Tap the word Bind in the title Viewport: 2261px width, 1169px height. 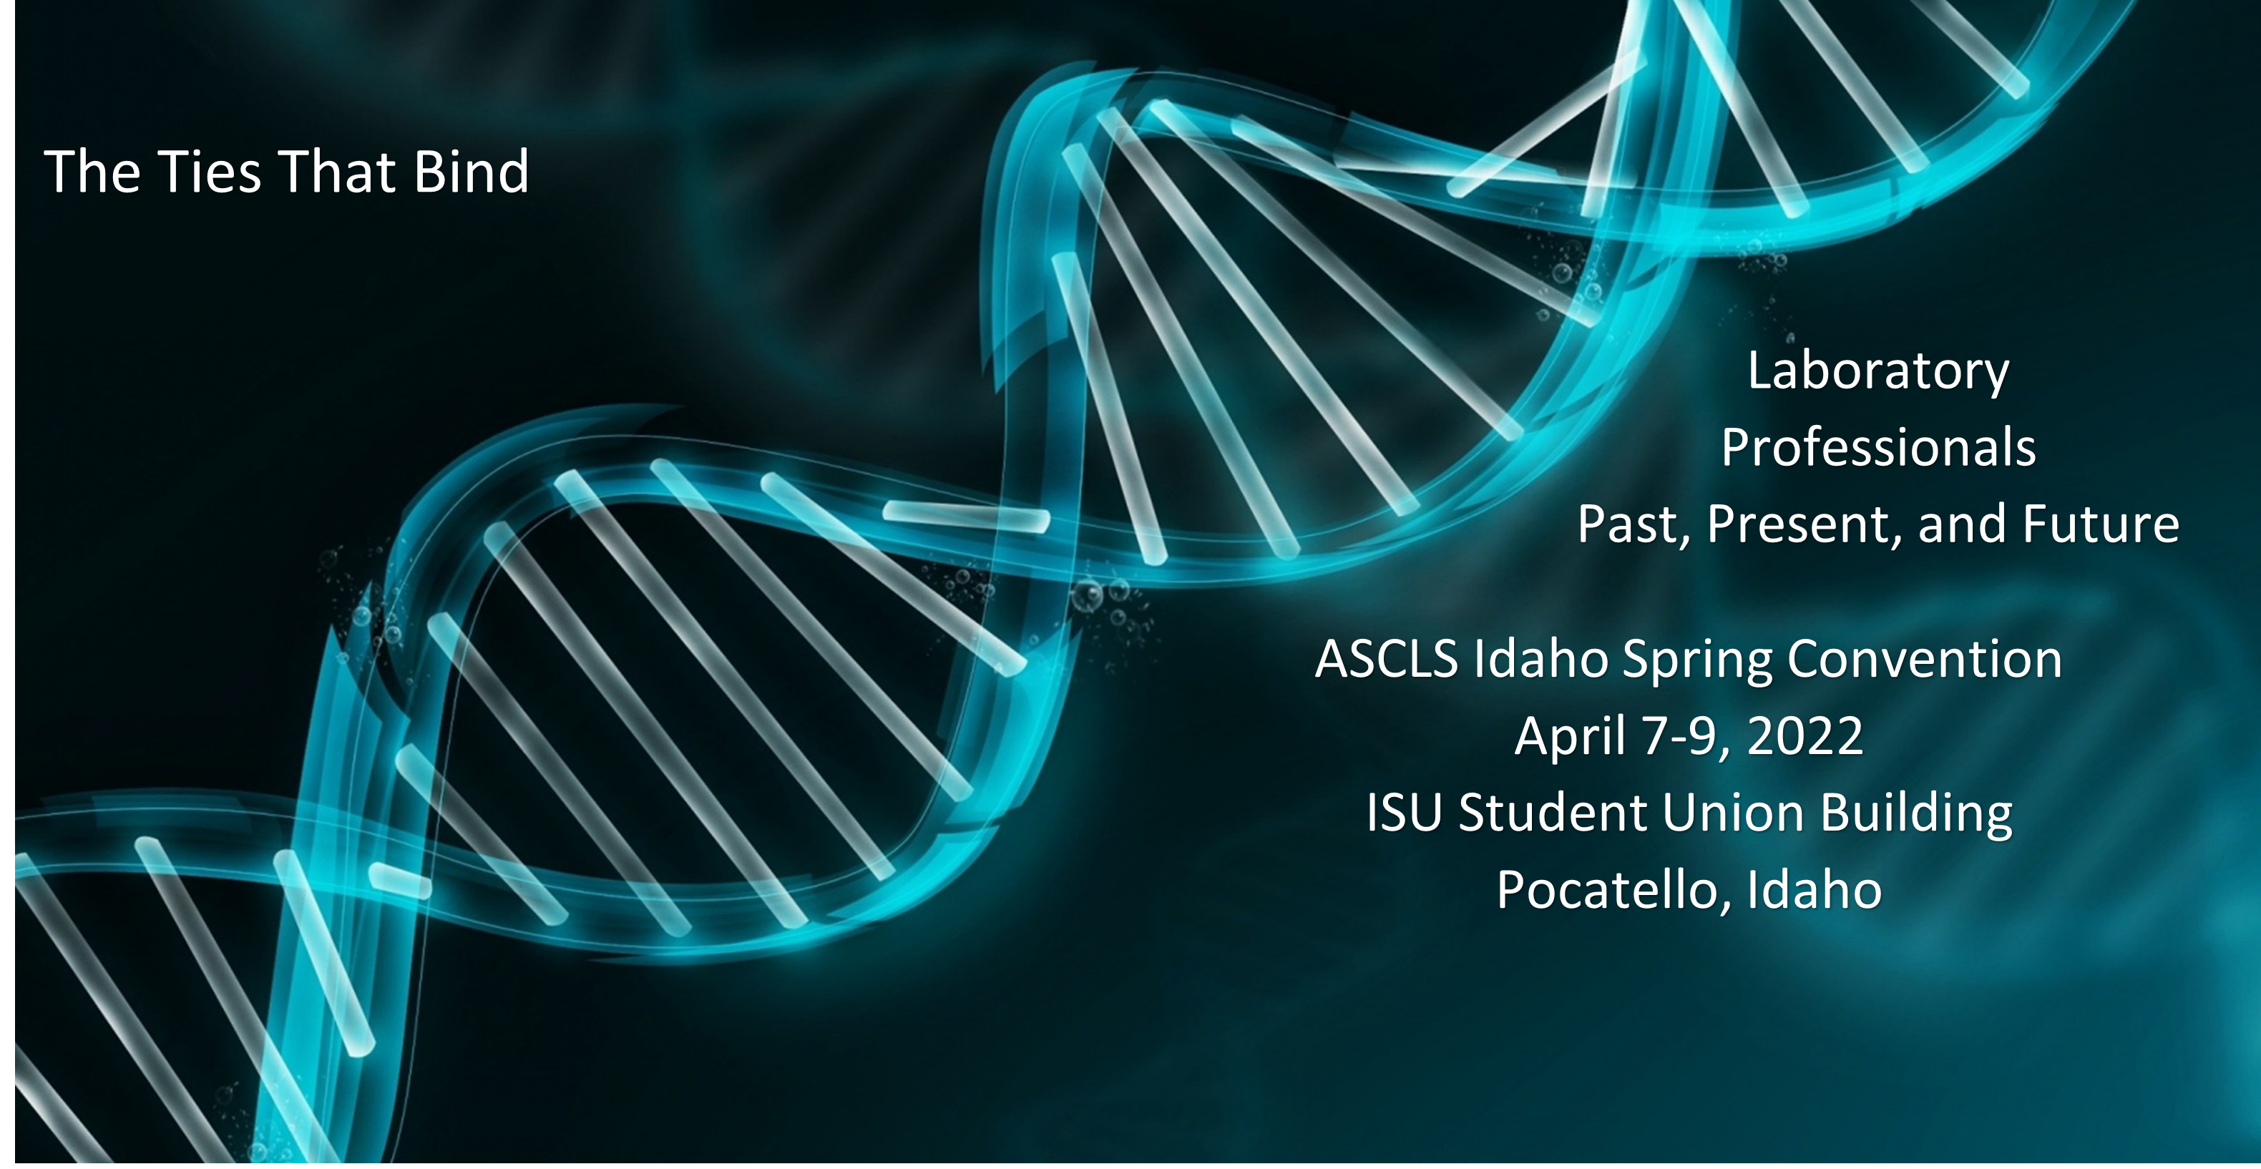pyautogui.click(x=472, y=171)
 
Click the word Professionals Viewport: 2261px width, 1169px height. pyautogui.click(x=1878, y=448)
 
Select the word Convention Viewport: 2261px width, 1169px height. pyautogui.click(x=1925, y=659)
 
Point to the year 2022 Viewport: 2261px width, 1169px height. pyautogui.click(x=1805, y=735)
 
